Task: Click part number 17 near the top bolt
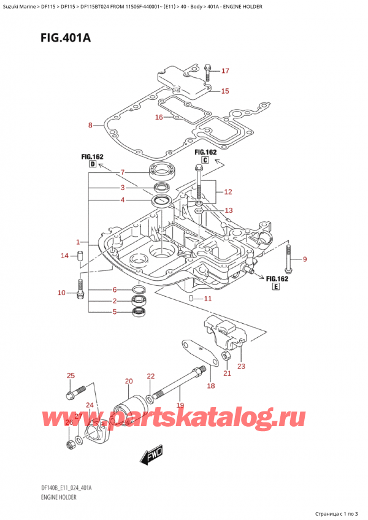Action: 225,71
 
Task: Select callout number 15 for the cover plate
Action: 225,91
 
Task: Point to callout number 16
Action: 159,117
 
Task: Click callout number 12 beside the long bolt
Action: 228,192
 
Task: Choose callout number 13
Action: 228,210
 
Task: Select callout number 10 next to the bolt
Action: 61,293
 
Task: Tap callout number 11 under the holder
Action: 207,299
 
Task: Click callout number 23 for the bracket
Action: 241,367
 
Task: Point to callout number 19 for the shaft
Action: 180,405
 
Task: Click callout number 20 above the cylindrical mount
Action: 129,381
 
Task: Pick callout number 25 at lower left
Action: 71,375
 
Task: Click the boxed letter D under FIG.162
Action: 92,165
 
